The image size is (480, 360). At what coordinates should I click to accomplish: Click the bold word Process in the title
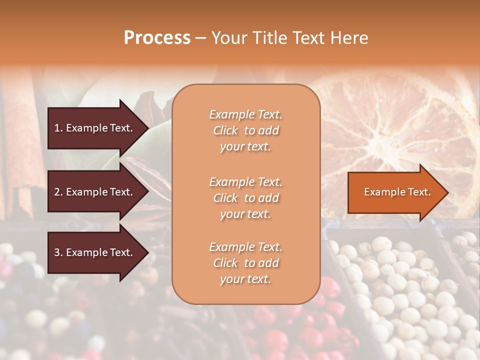point(157,38)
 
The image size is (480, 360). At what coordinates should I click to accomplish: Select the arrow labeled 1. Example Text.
point(95,128)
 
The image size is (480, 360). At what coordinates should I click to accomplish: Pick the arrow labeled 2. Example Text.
point(95,192)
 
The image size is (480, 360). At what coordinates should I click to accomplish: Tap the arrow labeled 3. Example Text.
point(95,253)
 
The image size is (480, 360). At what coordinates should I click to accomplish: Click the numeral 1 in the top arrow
point(57,128)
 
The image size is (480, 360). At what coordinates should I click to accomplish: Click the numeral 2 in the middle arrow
point(57,192)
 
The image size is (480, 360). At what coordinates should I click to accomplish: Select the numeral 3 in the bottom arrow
point(57,253)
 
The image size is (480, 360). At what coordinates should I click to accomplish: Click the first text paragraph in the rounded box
point(245,130)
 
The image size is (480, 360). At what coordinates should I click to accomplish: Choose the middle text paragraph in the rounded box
point(245,197)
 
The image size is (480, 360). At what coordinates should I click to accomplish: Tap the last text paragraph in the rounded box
point(245,263)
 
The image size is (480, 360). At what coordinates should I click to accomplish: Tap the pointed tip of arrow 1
point(147,128)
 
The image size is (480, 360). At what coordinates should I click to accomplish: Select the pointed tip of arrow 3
point(147,253)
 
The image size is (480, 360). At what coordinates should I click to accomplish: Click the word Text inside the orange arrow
point(419,192)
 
